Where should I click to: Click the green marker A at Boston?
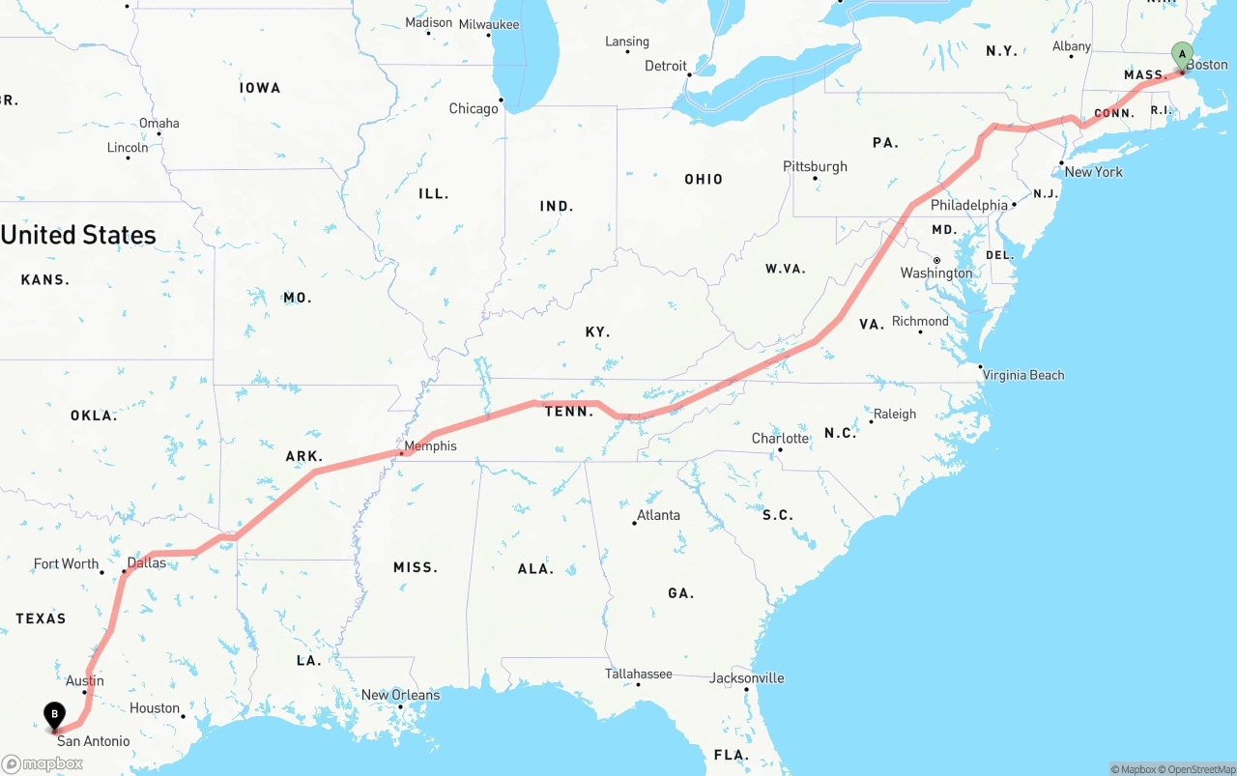tap(1181, 54)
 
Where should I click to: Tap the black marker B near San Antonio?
tap(55, 716)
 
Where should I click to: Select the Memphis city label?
tap(430, 446)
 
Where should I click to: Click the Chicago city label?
tap(474, 109)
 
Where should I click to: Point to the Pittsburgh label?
tap(815, 167)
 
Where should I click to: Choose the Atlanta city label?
tap(658, 515)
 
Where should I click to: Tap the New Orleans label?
tap(400, 695)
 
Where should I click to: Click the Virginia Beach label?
tap(1023, 375)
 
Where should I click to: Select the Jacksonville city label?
tap(747, 678)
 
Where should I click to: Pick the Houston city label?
tap(155, 708)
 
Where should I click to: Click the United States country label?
tap(78, 235)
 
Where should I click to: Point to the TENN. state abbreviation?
tap(569, 412)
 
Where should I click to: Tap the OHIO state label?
tap(704, 179)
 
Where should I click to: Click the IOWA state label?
tap(260, 88)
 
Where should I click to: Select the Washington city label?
tap(936, 273)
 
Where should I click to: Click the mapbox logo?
tap(43, 763)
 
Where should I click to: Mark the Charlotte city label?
tap(780, 439)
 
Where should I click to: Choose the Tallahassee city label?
tap(639, 674)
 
